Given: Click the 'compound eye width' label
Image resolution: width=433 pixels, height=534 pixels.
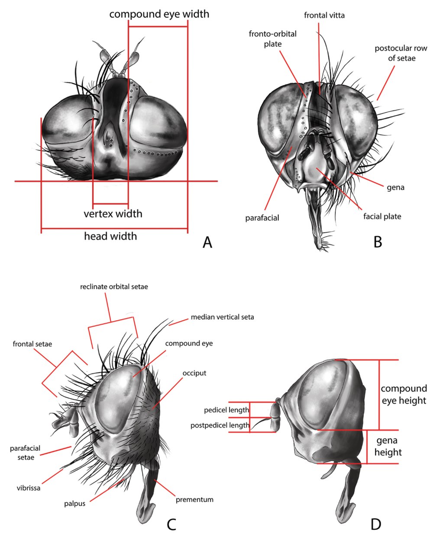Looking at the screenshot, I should click(x=159, y=14).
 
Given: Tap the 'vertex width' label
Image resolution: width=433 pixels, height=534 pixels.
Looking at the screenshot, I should click(x=113, y=213).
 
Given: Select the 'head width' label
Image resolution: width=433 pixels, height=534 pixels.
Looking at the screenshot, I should click(x=110, y=236).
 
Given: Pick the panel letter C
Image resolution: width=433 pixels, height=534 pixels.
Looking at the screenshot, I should click(x=171, y=524).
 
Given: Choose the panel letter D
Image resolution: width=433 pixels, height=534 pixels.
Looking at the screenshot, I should click(x=375, y=524).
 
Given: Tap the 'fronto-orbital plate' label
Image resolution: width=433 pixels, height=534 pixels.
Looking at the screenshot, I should click(x=273, y=39).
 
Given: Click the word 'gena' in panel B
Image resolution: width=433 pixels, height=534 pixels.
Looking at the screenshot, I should click(x=395, y=187).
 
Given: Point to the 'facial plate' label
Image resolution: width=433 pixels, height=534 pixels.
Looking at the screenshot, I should click(x=382, y=216).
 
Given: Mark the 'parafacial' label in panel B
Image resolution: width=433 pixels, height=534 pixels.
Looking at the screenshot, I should click(x=262, y=218).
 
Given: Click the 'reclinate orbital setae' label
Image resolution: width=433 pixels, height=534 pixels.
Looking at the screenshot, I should click(x=114, y=286).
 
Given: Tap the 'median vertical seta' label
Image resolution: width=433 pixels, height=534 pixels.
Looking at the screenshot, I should click(x=222, y=317).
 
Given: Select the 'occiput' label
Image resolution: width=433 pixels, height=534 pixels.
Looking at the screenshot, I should click(x=194, y=373).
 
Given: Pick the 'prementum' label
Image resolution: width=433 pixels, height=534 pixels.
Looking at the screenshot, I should click(x=194, y=499).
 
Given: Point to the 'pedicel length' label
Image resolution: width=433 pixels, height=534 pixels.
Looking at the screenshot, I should click(x=226, y=410).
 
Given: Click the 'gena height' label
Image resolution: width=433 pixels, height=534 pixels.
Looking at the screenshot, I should click(x=388, y=447).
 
